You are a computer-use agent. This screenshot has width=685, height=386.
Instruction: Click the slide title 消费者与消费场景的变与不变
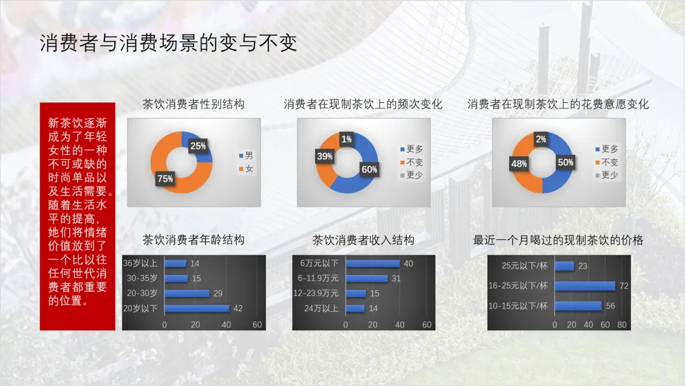(169, 43)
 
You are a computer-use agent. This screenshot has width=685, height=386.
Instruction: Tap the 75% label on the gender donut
(165, 178)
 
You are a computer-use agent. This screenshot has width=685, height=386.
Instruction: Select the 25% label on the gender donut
(198, 146)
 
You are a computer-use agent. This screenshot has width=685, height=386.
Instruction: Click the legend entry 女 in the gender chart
(246, 169)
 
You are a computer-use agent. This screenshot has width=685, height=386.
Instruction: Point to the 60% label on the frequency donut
(369, 169)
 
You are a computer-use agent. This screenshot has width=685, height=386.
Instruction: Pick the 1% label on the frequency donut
(346, 139)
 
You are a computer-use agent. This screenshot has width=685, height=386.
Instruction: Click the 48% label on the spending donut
(519, 164)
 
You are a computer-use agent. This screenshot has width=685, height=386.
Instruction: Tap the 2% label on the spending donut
(541, 139)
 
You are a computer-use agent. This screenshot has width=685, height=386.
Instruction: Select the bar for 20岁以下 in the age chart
(197, 308)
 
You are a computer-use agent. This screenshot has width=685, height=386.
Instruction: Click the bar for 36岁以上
(176, 263)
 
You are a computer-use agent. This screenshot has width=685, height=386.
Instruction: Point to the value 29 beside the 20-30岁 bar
(218, 293)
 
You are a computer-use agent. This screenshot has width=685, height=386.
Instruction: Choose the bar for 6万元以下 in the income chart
(373, 263)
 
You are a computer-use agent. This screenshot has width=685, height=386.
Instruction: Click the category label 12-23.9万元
(316, 293)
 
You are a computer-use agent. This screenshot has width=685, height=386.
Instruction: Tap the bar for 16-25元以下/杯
(585, 286)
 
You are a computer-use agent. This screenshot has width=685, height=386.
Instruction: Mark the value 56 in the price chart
(610, 306)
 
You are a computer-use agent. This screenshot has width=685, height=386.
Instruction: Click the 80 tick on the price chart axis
(622, 325)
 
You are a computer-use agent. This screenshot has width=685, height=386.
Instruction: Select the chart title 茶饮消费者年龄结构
(193, 239)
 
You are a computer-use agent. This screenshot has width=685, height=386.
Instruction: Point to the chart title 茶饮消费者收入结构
(363, 239)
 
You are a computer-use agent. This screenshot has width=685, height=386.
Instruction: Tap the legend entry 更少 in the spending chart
(606, 175)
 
